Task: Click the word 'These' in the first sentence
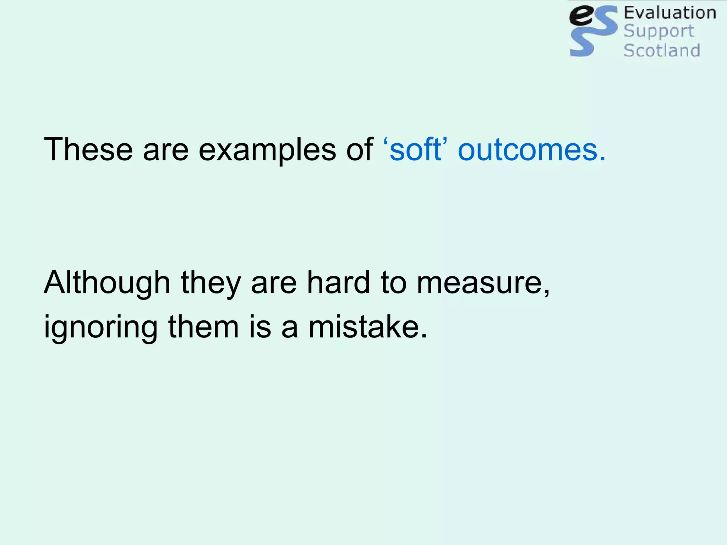(88, 149)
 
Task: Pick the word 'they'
(211, 283)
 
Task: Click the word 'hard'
(339, 282)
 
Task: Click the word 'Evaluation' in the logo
(670, 13)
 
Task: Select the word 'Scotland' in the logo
(662, 50)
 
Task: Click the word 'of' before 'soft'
(359, 149)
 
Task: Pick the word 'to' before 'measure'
(393, 283)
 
